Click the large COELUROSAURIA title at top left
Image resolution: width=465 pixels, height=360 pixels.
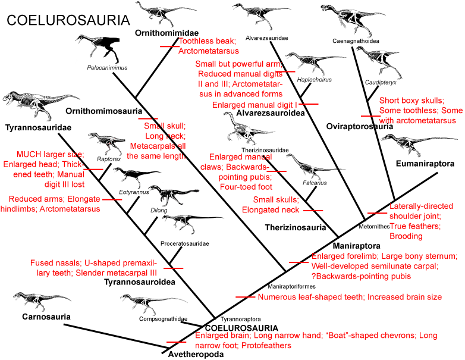click(x=68, y=21)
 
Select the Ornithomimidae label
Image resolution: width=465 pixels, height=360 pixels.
click(x=166, y=32)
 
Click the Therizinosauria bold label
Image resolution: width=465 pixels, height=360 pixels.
click(x=295, y=227)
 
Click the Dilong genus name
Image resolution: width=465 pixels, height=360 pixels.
click(x=159, y=210)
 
